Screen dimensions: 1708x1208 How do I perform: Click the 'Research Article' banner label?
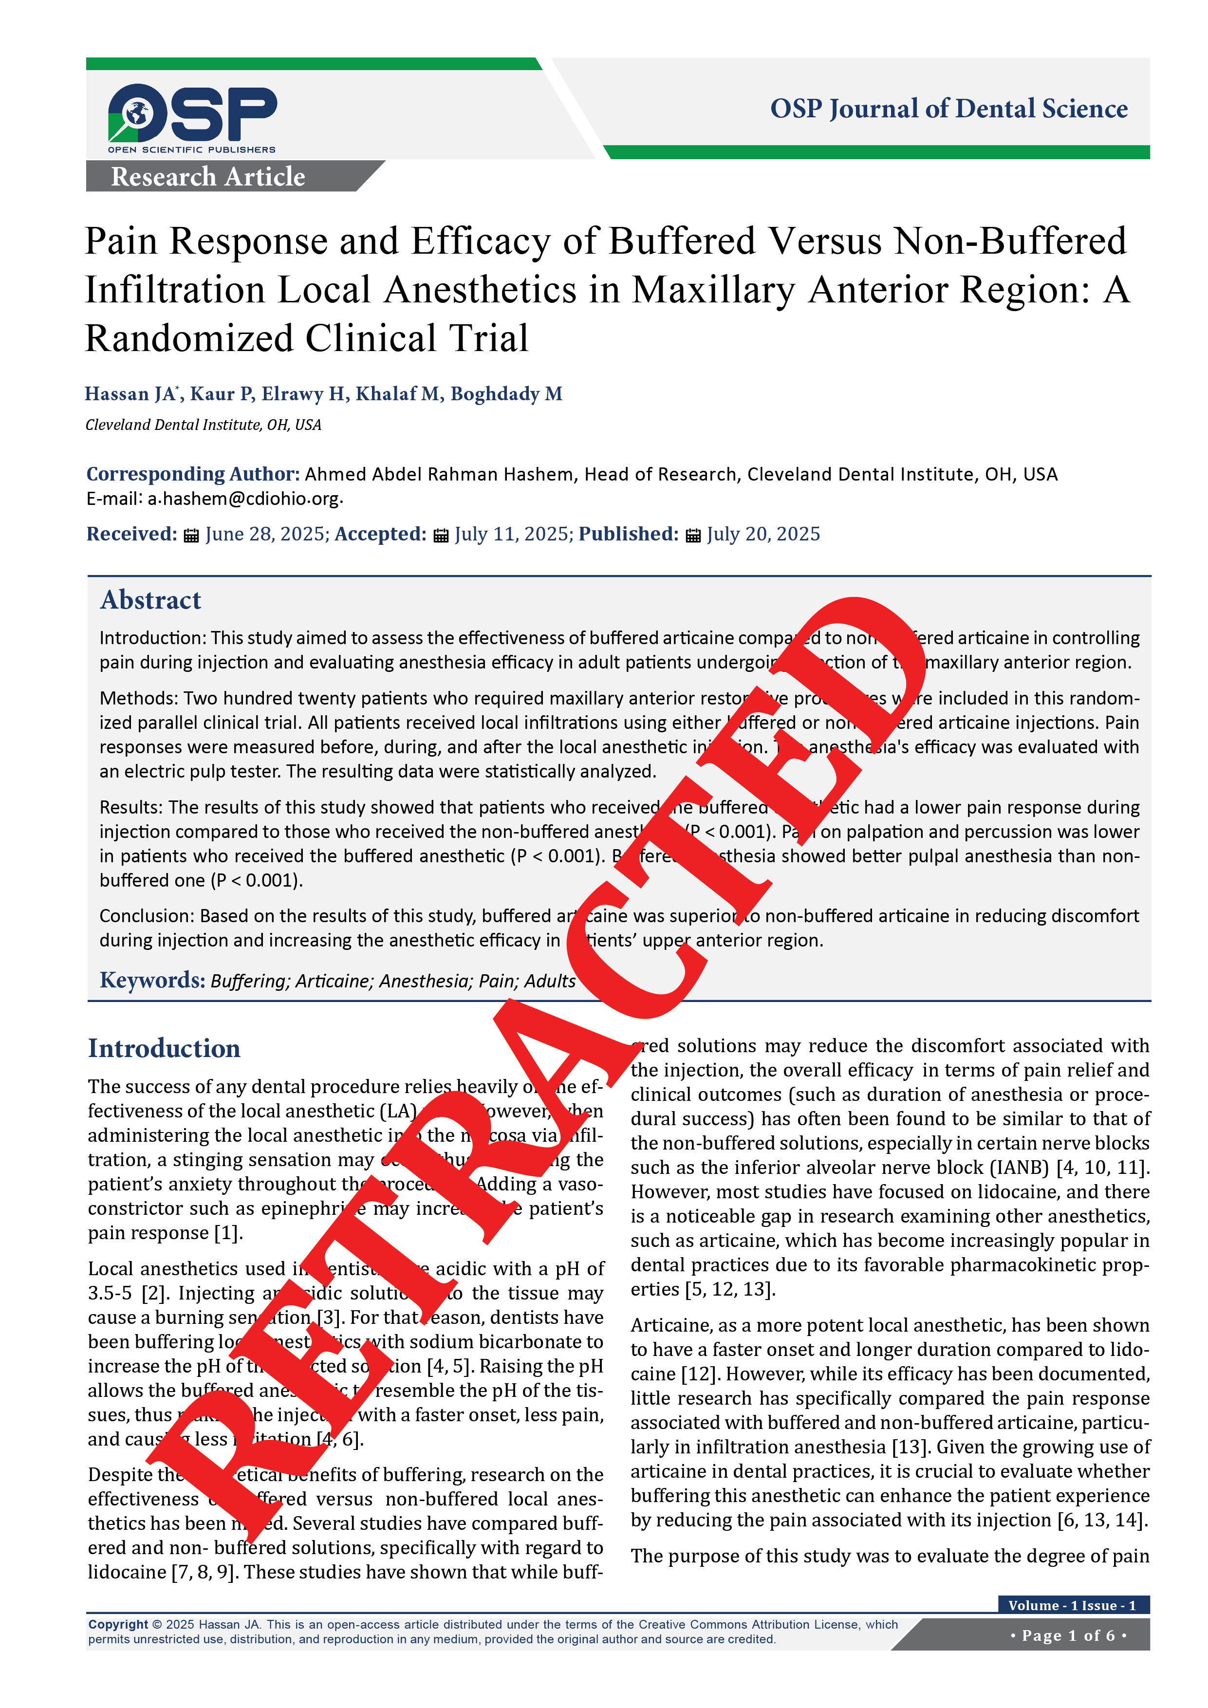point(208,177)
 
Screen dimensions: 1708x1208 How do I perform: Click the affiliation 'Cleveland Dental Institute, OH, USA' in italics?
point(203,425)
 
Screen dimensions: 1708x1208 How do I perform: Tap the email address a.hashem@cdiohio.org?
point(243,499)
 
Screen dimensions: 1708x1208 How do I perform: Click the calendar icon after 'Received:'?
point(191,535)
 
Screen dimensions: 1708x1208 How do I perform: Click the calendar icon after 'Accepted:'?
point(441,535)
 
